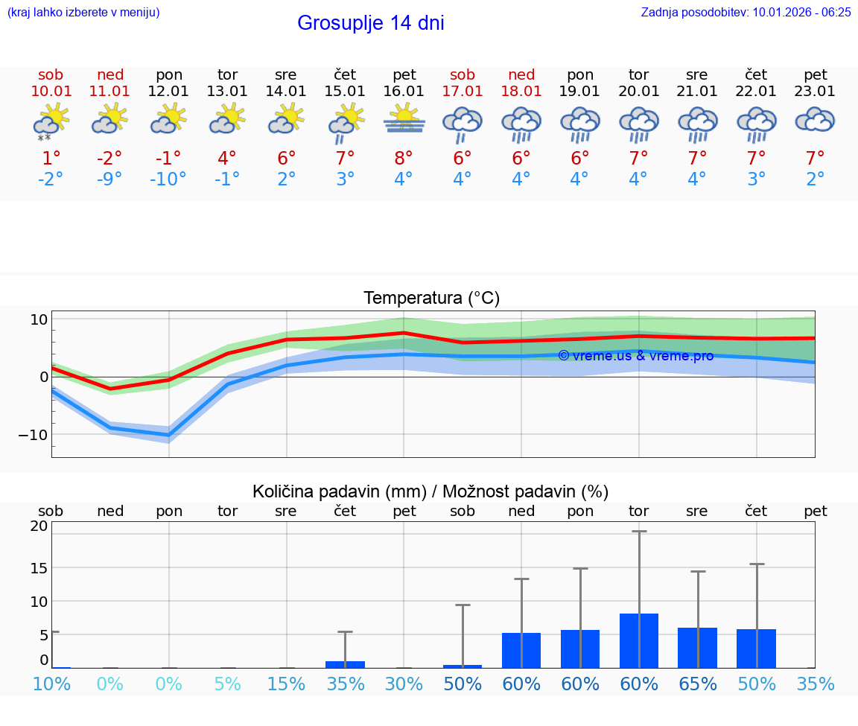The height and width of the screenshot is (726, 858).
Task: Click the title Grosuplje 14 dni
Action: click(x=370, y=23)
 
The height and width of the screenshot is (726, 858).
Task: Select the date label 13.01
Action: click(x=227, y=92)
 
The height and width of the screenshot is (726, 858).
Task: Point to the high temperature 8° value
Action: click(x=404, y=159)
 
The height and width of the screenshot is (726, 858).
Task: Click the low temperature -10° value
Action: click(x=168, y=179)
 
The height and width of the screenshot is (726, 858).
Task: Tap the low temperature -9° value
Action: click(x=109, y=179)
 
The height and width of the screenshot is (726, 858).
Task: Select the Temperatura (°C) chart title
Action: click(x=431, y=299)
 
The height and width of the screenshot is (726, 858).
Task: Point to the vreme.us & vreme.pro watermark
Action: click(x=635, y=356)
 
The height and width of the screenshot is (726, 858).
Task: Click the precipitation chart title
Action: click(x=430, y=491)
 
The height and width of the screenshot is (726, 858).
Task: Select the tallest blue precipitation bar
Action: click(x=639, y=640)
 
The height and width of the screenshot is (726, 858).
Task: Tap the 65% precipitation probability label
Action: click(x=698, y=684)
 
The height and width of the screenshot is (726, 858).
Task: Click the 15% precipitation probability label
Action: click(x=286, y=684)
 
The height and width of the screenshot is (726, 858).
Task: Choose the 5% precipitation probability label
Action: click(x=227, y=684)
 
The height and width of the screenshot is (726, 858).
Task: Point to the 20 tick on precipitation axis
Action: click(x=39, y=526)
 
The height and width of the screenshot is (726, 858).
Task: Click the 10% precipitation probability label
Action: click(x=51, y=684)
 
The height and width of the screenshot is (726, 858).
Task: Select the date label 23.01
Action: click(x=816, y=92)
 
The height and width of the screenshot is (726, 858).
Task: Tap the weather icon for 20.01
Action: click(x=639, y=124)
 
